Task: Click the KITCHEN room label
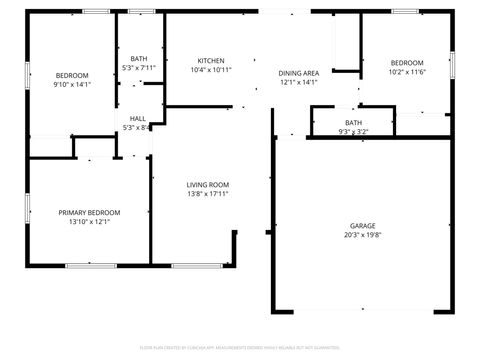(x=211, y=60)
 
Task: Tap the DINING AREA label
(x=298, y=73)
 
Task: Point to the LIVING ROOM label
(x=208, y=185)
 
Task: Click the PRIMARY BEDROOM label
(x=89, y=212)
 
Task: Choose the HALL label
(x=137, y=118)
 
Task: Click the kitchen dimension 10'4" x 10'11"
(x=211, y=70)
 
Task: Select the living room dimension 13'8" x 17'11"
(x=208, y=194)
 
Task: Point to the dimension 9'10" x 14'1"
(x=72, y=85)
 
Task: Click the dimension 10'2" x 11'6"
(x=406, y=71)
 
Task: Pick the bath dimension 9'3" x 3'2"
(x=353, y=131)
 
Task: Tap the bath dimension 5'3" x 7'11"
(x=139, y=68)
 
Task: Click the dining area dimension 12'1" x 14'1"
(x=298, y=82)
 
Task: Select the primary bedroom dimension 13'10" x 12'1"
(x=89, y=222)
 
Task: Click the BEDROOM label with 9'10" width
(x=72, y=76)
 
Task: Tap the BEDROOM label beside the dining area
(x=406, y=62)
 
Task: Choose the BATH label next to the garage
(x=353, y=122)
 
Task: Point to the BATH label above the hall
(x=139, y=59)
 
